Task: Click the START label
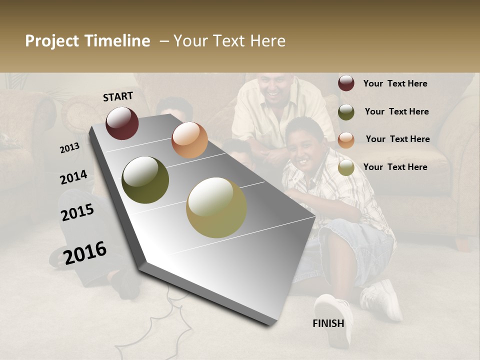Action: (x=118, y=96)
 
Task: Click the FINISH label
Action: (x=328, y=323)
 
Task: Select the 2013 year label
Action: (x=69, y=148)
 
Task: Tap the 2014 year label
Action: (x=73, y=177)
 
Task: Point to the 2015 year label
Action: (x=77, y=212)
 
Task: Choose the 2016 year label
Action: (x=85, y=252)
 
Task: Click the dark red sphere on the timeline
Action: (x=122, y=123)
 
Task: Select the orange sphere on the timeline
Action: (x=189, y=140)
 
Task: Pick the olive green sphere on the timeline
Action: (x=145, y=180)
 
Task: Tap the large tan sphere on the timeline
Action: (x=216, y=207)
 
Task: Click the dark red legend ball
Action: (x=346, y=83)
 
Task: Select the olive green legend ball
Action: (x=346, y=112)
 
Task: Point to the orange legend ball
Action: (x=346, y=139)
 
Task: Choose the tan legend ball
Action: (x=346, y=167)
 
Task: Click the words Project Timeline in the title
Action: (x=87, y=41)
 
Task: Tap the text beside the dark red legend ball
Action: (x=395, y=83)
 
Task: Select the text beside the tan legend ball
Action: (x=395, y=167)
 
